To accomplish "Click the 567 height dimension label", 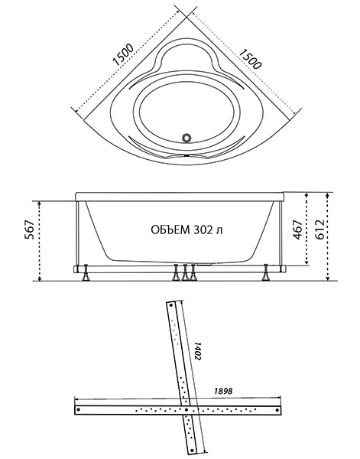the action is coord(30,229).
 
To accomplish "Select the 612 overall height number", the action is coord(319,229).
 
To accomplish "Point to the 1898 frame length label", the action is coord(223,391).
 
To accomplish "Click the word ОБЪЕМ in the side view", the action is coord(170,229).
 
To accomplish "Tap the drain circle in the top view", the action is coord(186,137).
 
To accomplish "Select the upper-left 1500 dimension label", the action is coord(123,55).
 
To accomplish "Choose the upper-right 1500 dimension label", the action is coord(250,59).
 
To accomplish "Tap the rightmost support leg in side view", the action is coord(266,272).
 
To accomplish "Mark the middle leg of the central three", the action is coord(184,272).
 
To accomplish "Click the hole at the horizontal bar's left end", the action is coord(79,410).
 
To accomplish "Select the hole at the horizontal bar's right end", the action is coord(277,410).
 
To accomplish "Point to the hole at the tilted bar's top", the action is coord(171,305).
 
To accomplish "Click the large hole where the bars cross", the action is coord(186,410).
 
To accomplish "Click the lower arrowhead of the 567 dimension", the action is coord(40,278).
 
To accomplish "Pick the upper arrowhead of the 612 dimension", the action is coord(328,196).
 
